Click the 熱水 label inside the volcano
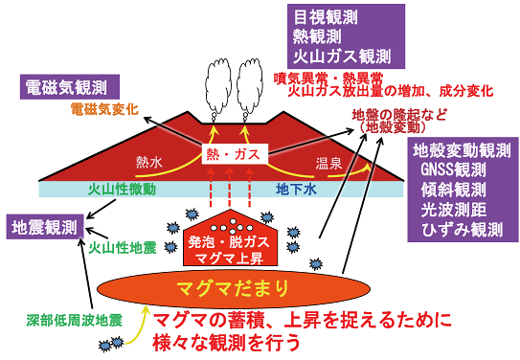pyautogui.click(x=151, y=162)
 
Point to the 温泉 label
pyautogui.click(x=328, y=162)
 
